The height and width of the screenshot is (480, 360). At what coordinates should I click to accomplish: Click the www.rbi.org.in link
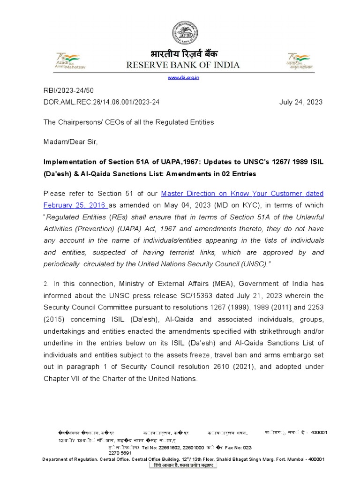coord(183,77)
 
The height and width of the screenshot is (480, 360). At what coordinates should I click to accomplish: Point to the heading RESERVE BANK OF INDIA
coord(183,65)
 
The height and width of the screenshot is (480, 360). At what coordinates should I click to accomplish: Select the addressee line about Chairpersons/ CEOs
coord(128,122)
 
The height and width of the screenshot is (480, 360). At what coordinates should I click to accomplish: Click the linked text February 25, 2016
coord(75,205)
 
